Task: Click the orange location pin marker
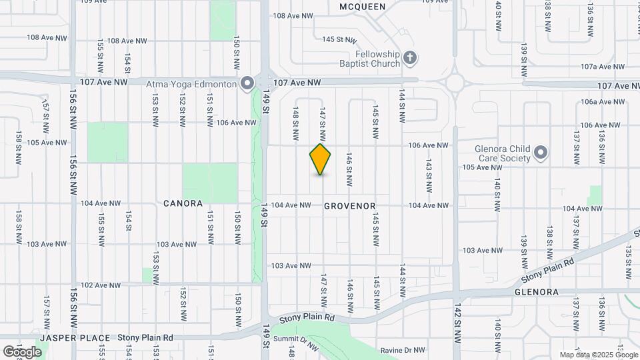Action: (321, 159)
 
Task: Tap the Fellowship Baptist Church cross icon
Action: (410, 59)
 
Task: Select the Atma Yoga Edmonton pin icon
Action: (247, 84)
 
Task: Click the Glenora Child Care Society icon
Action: (541, 153)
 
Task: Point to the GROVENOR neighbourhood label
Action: (350, 207)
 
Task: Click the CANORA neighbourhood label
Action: (183, 203)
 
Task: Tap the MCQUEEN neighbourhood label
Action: (362, 7)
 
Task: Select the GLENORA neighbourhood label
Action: (535, 292)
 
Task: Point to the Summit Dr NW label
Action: (297, 340)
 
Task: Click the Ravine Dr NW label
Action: (403, 350)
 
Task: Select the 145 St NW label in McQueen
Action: (337, 39)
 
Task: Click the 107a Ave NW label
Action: (603, 67)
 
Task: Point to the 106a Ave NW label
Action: (603, 102)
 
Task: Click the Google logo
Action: (22, 352)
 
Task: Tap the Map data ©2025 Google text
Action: (597, 355)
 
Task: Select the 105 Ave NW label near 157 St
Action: (47, 142)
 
